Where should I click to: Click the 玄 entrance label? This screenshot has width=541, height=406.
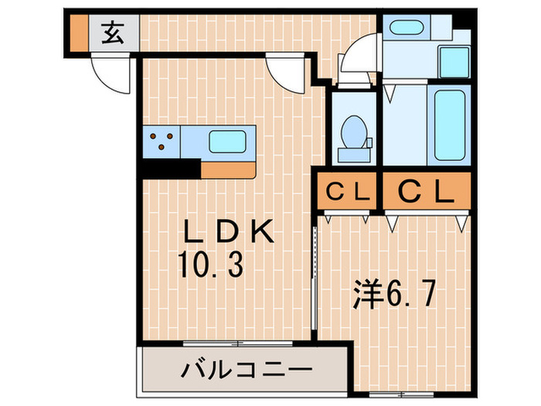(114, 33)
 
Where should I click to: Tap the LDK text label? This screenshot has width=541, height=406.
(227, 233)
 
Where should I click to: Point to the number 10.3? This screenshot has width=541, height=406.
(212, 265)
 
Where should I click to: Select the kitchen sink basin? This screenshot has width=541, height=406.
(227, 142)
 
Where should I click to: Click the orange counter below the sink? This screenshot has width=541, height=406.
(228, 169)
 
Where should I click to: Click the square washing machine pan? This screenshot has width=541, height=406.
(454, 60)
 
